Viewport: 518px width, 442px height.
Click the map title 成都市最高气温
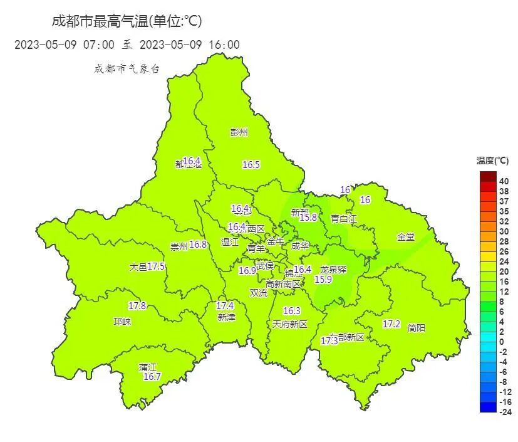click(x=99, y=21)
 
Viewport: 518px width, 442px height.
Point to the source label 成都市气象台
click(x=127, y=69)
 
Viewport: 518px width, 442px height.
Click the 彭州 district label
click(x=239, y=132)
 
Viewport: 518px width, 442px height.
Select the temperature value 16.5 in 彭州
click(x=251, y=164)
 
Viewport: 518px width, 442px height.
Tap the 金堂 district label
click(x=405, y=237)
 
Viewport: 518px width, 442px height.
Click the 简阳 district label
click(x=416, y=327)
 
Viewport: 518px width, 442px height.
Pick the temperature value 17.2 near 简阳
click(x=391, y=324)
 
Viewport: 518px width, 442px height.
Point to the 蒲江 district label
click(x=148, y=367)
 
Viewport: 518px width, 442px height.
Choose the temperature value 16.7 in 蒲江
click(x=152, y=377)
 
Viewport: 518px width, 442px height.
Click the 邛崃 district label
click(x=122, y=322)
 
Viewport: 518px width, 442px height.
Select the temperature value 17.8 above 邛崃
click(x=137, y=306)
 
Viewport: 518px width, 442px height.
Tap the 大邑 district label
click(x=138, y=266)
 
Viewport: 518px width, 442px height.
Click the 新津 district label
click(x=227, y=317)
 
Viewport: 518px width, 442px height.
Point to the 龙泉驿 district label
click(x=333, y=269)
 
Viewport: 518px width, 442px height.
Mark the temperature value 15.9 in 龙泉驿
click(x=323, y=280)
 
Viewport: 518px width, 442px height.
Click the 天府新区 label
click(x=290, y=324)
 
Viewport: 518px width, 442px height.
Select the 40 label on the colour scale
click(x=504, y=181)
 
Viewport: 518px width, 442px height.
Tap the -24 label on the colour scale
click(x=505, y=411)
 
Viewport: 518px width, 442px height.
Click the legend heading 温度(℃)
click(x=493, y=161)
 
